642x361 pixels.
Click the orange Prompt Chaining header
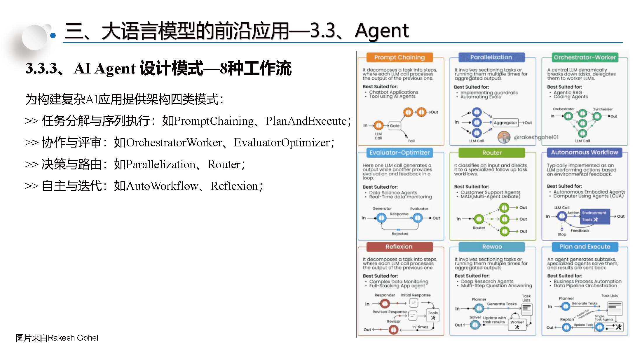399,57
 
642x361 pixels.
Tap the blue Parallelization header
491,57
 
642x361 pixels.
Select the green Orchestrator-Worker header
585,57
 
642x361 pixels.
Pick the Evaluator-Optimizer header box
399,153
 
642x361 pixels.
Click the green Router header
492,153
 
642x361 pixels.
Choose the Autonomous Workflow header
585,152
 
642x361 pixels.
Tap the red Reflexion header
399,247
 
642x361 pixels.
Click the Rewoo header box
492,247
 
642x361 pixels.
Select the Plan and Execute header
585,247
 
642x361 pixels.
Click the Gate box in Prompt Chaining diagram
395,126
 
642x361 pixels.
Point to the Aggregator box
505,123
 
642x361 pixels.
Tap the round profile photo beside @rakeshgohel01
504,137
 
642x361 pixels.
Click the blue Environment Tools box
595,216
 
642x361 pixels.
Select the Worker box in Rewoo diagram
517,324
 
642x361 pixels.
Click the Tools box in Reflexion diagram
433,315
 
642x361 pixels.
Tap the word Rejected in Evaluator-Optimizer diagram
400,234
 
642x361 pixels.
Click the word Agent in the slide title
381,31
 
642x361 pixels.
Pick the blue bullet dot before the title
53,36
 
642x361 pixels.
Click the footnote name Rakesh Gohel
73,338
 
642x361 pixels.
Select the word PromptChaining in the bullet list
214,121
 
